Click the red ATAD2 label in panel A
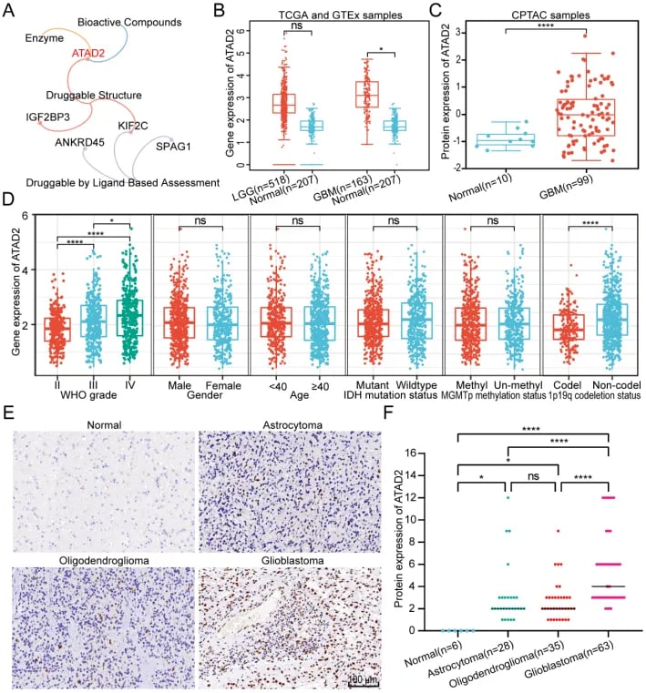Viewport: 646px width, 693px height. coord(90,54)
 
